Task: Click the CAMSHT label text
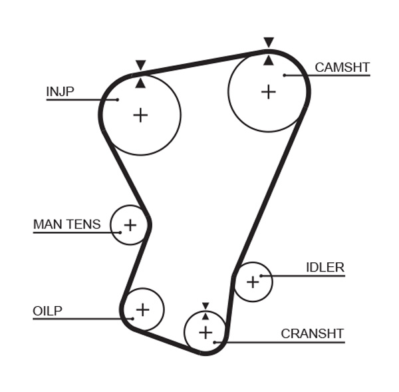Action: pos(342,67)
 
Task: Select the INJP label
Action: pos(60,91)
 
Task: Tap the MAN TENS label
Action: pos(67,224)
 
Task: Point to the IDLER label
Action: pos(325,268)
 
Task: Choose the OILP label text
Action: pos(47,311)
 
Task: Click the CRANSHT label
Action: pos(312,333)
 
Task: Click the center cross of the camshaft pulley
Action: pos(268,91)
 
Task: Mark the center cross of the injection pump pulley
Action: pos(140,115)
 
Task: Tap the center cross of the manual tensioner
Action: pos(130,224)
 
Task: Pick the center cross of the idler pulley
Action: pos(253,282)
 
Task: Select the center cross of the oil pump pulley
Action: pos(142,309)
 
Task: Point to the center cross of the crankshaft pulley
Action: pos(205,331)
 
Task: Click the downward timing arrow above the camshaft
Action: pos(268,43)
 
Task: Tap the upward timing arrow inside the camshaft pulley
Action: pos(268,61)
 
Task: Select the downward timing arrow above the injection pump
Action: pos(140,65)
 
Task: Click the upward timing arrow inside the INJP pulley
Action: pos(140,83)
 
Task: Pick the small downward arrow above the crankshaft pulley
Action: pos(205,306)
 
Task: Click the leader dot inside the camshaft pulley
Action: pos(285,75)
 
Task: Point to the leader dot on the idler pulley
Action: pos(261,276)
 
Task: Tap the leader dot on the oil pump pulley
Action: pos(132,319)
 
